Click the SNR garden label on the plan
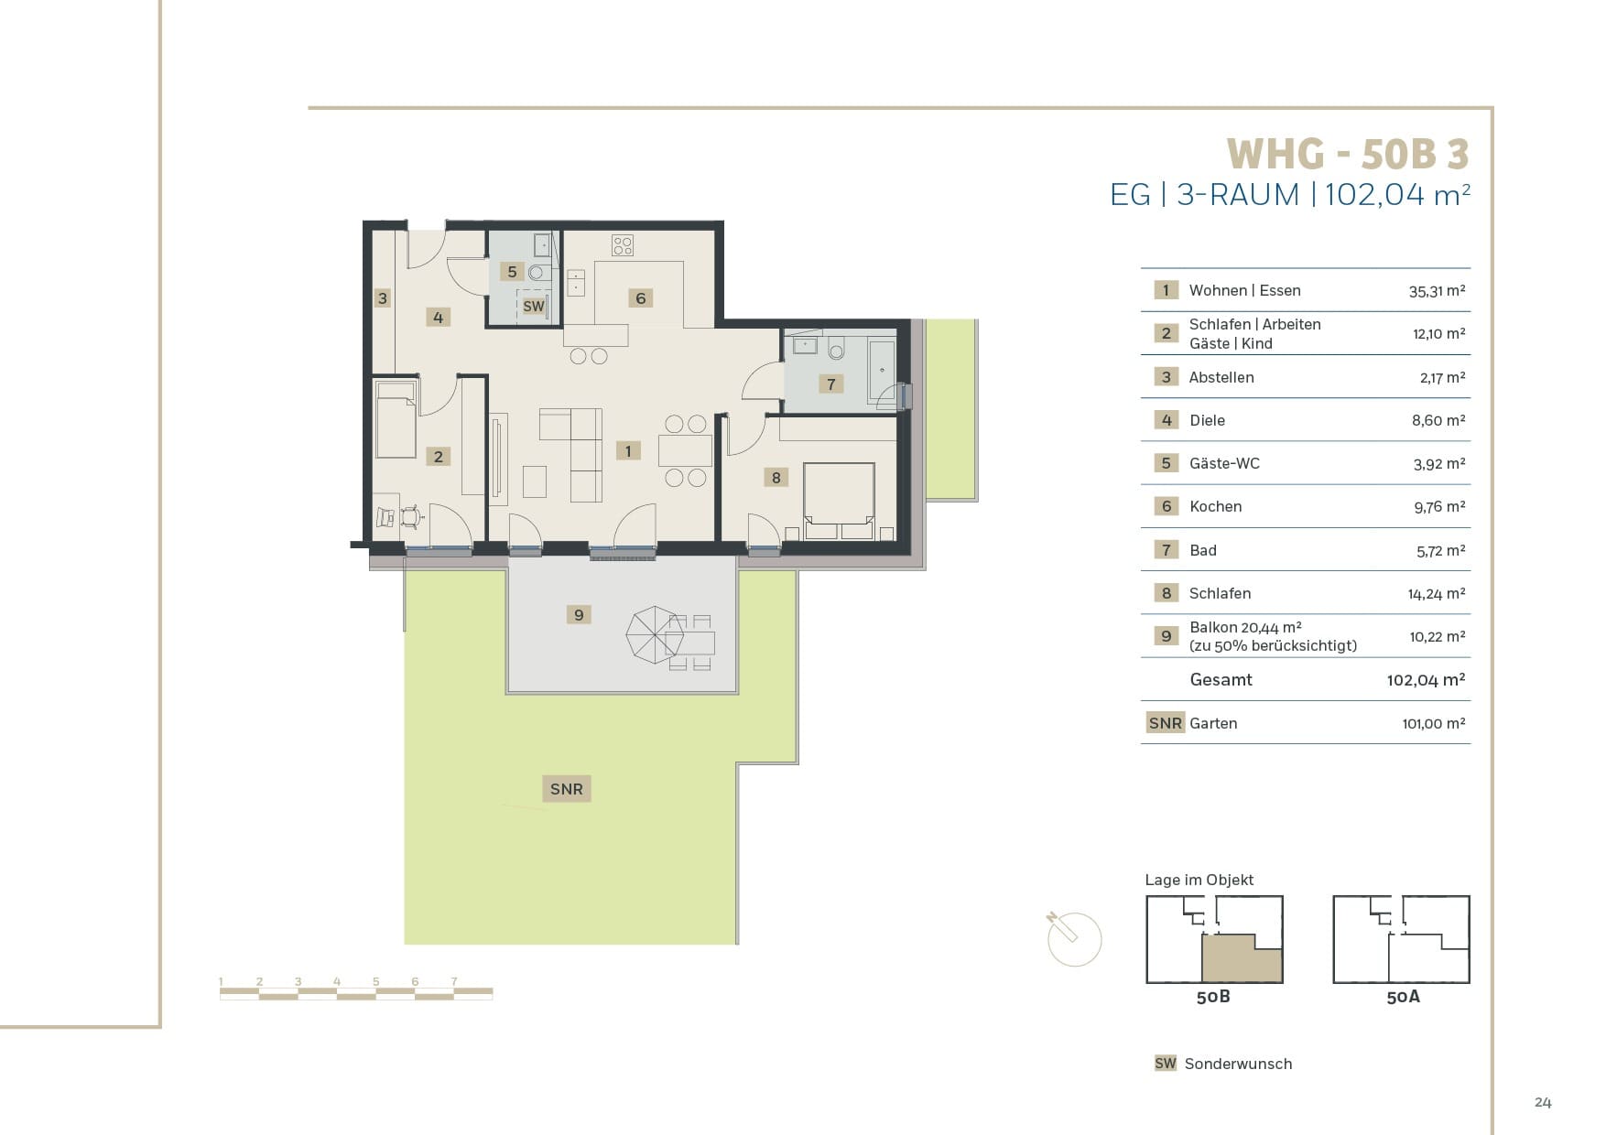click(x=567, y=789)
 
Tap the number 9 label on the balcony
click(x=579, y=615)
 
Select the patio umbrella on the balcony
click(x=655, y=634)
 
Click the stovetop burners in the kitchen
click(x=623, y=245)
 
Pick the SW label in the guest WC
click(x=534, y=307)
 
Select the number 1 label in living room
click(x=628, y=451)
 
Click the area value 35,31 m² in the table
click(x=1437, y=291)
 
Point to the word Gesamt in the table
click(x=1221, y=680)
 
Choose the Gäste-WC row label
click(x=1224, y=463)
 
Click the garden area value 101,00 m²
click(x=1434, y=723)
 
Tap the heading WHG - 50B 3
click(x=1348, y=154)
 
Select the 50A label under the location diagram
click(x=1403, y=997)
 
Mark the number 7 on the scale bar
click(x=454, y=981)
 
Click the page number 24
click(x=1543, y=1102)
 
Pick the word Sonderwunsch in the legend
click(x=1238, y=1064)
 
